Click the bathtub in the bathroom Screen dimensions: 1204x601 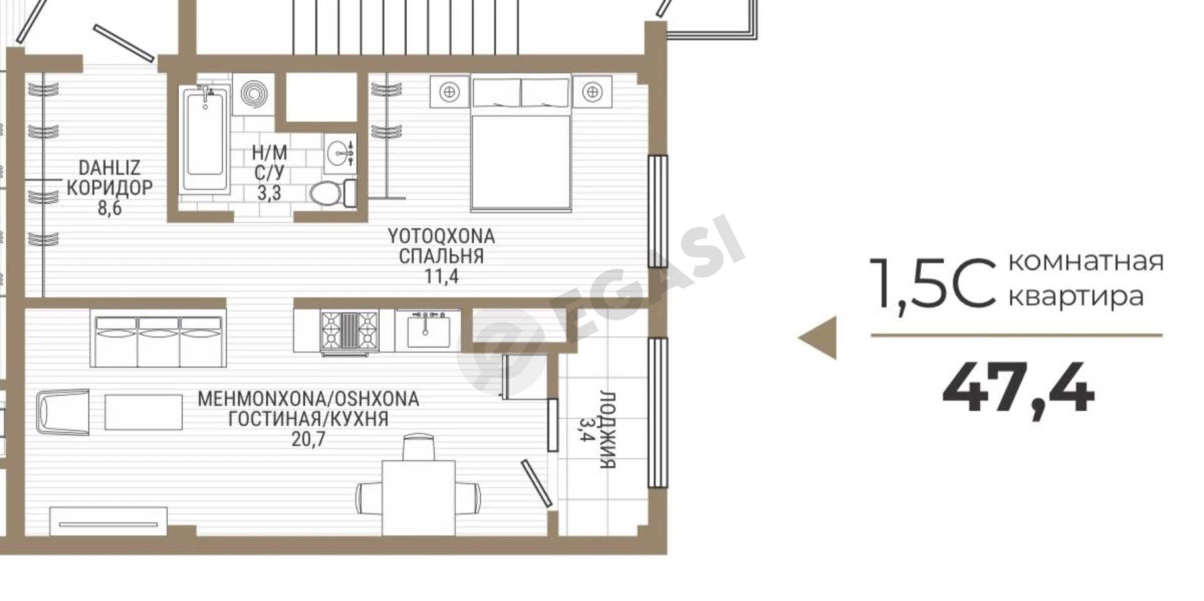pyautogui.click(x=205, y=139)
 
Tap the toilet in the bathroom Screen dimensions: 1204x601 pyautogui.click(x=332, y=193)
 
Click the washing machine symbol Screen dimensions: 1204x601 pyautogui.click(x=253, y=95)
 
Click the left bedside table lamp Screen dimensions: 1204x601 pyautogui.click(x=449, y=92)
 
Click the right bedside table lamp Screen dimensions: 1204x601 pyautogui.click(x=591, y=92)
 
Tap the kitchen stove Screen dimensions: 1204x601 pyautogui.click(x=349, y=332)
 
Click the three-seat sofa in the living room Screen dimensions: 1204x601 pyautogui.click(x=158, y=339)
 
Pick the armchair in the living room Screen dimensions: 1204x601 pyautogui.click(x=63, y=412)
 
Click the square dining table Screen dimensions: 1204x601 pyautogui.click(x=418, y=497)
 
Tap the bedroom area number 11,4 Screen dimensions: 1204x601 pyautogui.click(x=441, y=276)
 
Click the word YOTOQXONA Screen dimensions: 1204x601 pyautogui.click(x=441, y=237)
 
